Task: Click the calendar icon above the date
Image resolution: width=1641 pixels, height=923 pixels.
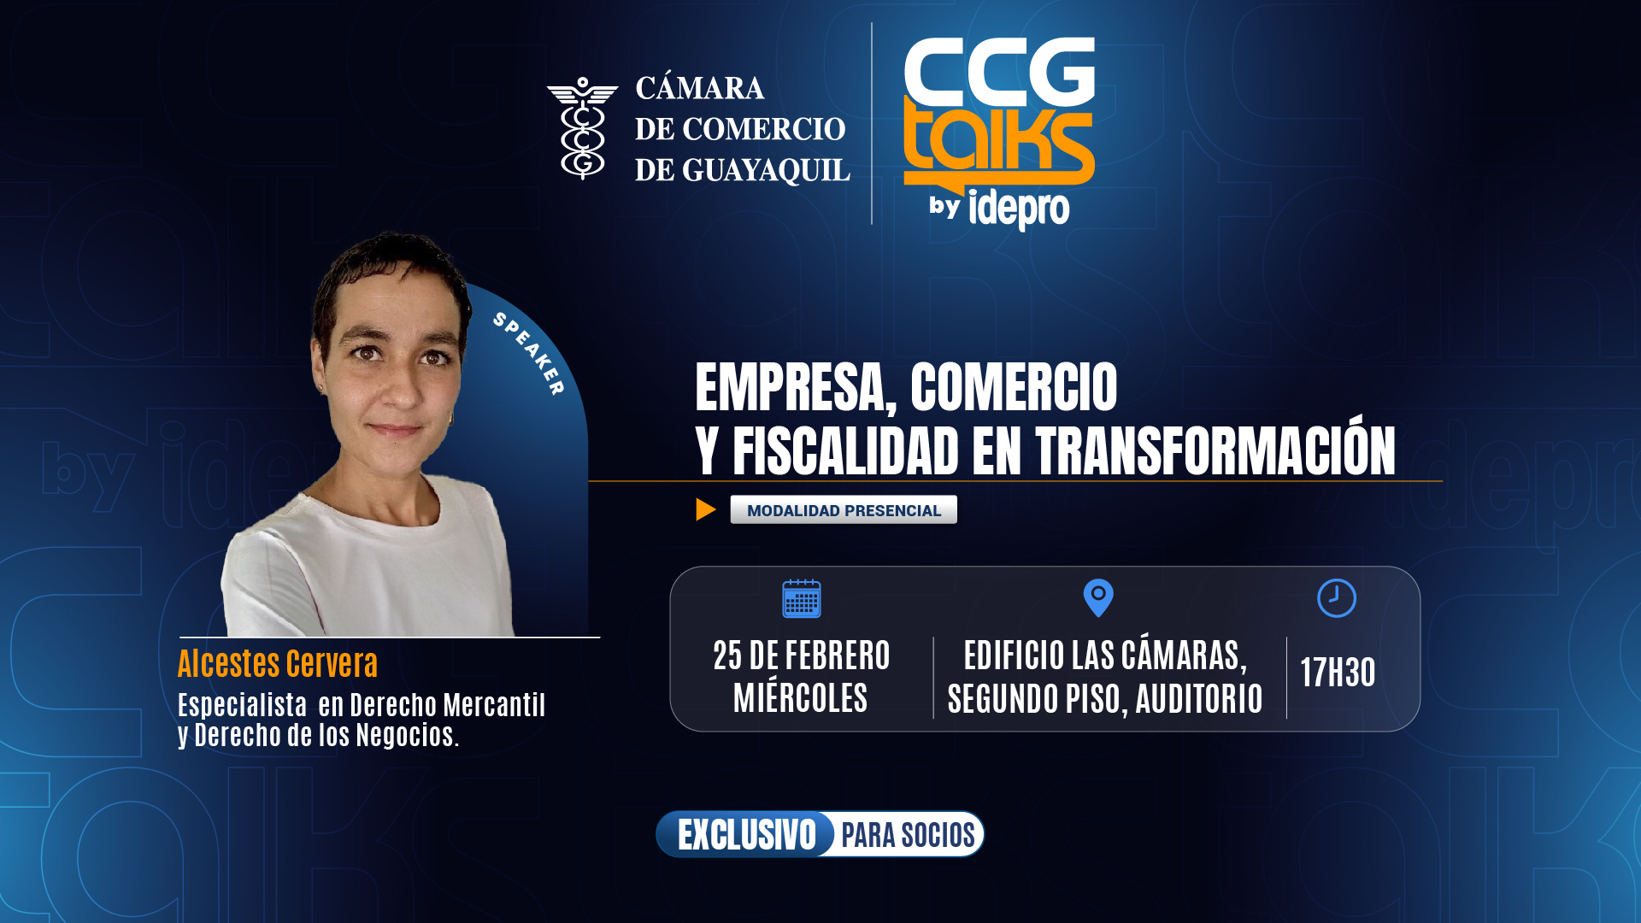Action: click(802, 598)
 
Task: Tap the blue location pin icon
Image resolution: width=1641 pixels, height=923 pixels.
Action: click(1098, 598)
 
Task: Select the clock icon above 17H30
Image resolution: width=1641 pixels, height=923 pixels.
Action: click(1337, 598)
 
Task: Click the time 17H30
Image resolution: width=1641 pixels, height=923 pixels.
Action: click(1338, 673)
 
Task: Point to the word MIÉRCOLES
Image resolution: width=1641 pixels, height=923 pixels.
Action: click(801, 698)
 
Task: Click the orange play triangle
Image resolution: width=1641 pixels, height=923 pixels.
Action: click(705, 509)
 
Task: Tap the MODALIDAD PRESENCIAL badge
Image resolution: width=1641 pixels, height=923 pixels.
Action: click(844, 509)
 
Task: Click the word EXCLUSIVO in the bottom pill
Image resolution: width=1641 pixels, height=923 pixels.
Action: click(747, 835)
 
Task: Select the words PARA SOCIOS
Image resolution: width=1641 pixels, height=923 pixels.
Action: click(908, 835)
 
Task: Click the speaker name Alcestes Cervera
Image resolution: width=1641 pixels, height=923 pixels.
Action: click(278, 663)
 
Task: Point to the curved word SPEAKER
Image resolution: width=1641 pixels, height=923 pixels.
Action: click(529, 353)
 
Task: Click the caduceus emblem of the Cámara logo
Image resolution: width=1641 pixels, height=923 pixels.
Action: click(583, 128)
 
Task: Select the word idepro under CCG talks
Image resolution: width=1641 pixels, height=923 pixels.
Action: click(1019, 209)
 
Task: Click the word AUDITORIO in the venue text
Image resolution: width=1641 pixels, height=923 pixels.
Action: click(1199, 699)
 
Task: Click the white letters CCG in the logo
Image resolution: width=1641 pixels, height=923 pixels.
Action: click(999, 71)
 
